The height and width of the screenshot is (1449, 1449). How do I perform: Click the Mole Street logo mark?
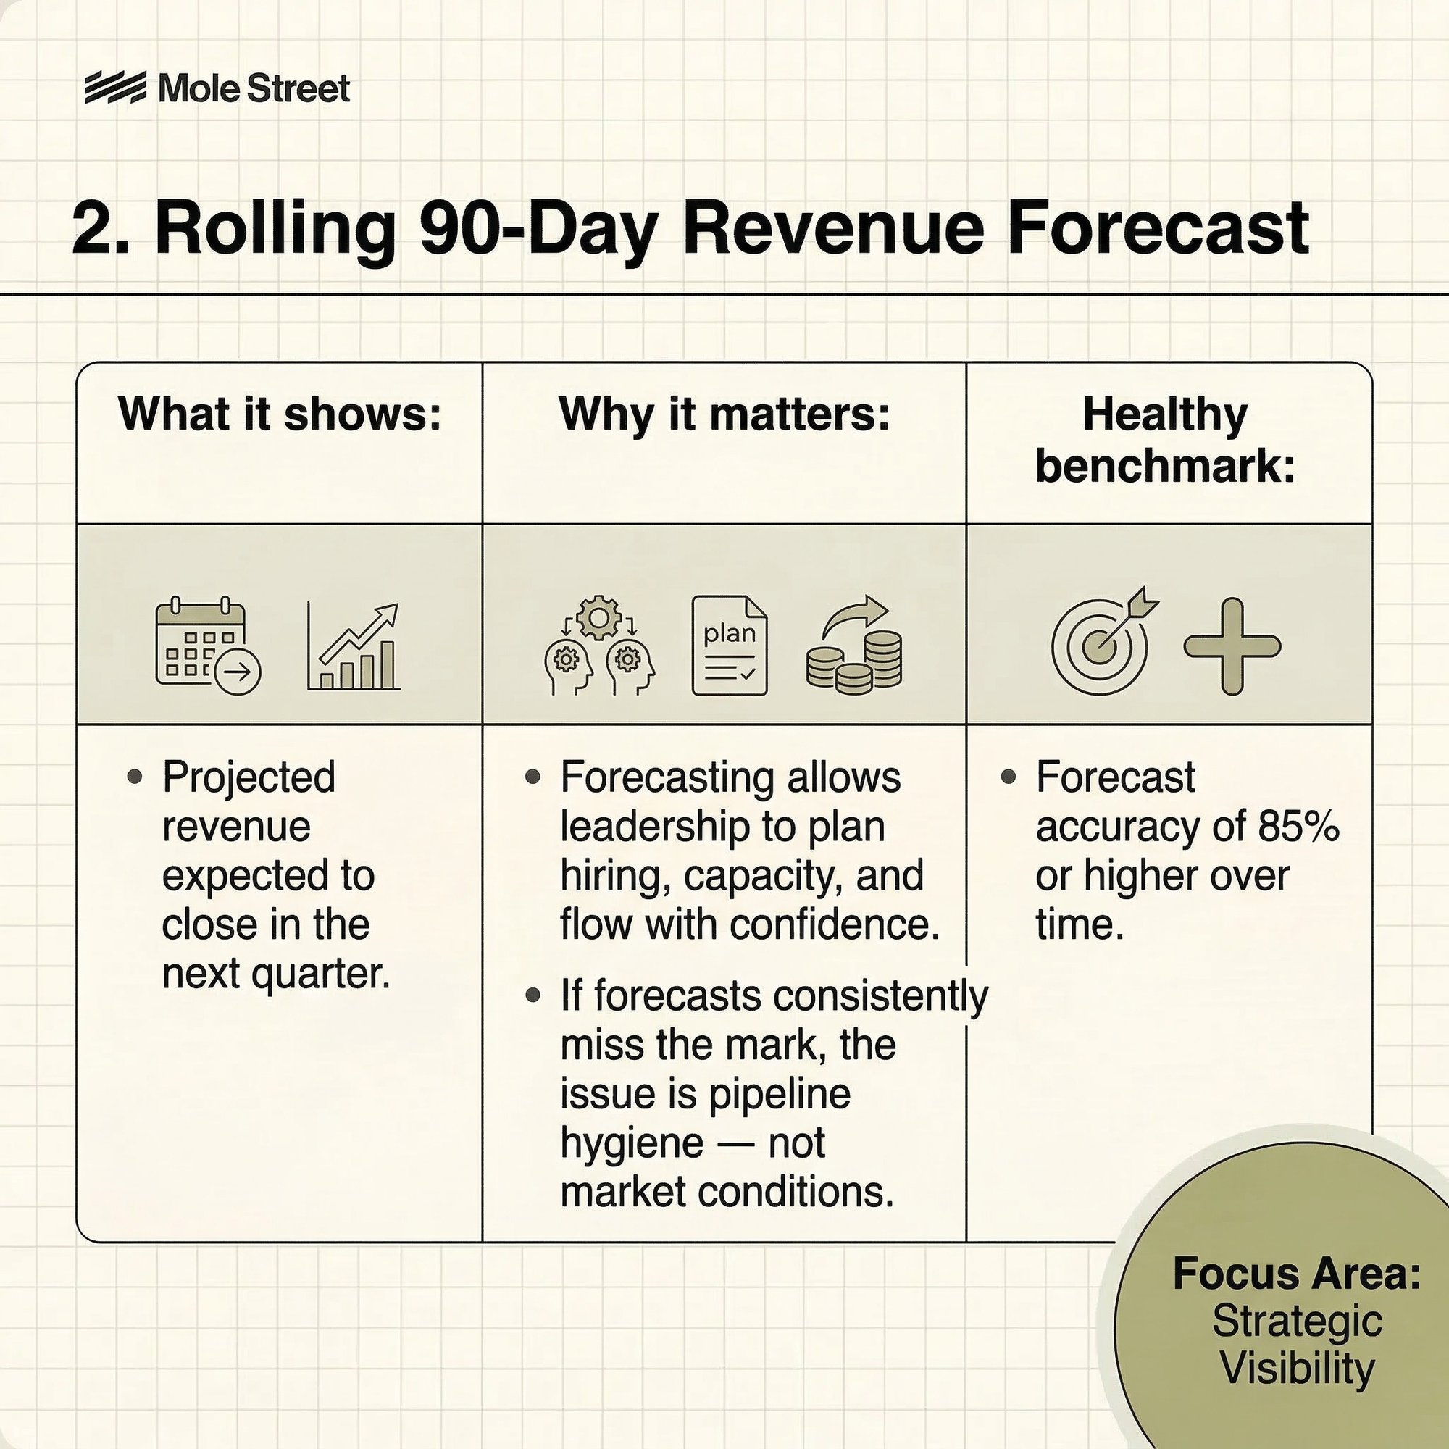pyautogui.click(x=114, y=88)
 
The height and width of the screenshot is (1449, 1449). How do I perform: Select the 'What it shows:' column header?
pyautogui.click(x=279, y=414)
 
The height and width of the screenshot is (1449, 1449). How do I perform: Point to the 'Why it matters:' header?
pyautogui.click(x=724, y=414)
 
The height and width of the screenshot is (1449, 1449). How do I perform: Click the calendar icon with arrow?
pyautogui.click(x=208, y=646)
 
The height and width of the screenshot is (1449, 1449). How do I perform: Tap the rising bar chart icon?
pyautogui.click(x=354, y=646)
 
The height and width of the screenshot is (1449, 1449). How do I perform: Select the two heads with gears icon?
pyautogui.click(x=598, y=645)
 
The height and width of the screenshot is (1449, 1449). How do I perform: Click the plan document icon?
pyautogui.click(x=729, y=646)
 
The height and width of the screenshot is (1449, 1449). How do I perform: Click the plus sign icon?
pyautogui.click(x=1232, y=646)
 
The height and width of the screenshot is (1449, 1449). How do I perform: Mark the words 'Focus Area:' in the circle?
pyautogui.click(x=1297, y=1273)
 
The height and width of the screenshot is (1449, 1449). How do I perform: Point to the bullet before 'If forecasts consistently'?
pyautogui.click(x=533, y=996)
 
